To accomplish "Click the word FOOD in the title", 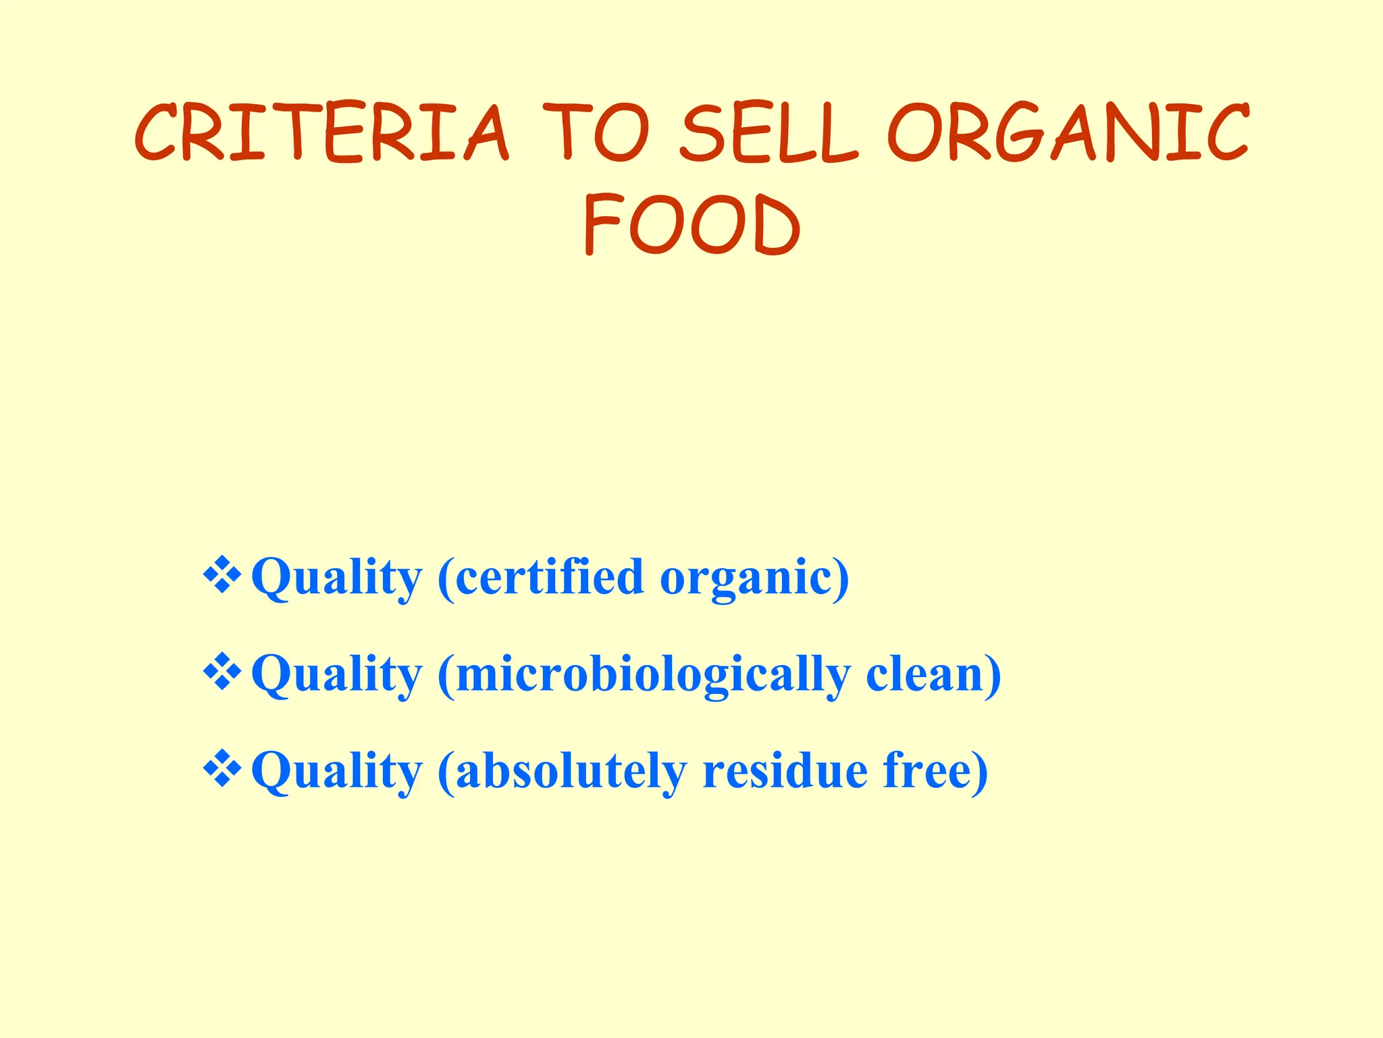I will (691, 224).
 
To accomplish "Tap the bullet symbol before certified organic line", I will (222, 576).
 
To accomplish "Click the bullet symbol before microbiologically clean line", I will (222, 673).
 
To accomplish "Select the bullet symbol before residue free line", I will (222, 770).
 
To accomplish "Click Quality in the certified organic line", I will (336, 578).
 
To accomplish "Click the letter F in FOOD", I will (601, 224).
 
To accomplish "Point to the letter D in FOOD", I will (777, 224).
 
